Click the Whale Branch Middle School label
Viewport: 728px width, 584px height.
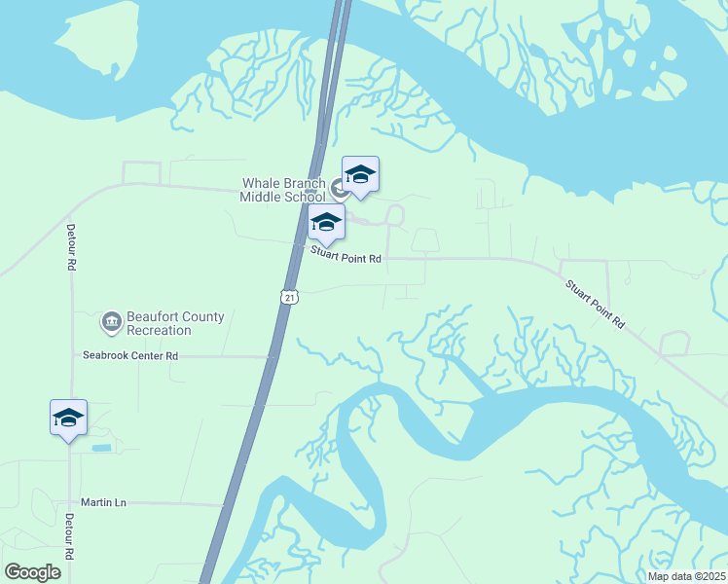pyautogui.click(x=283, y=189)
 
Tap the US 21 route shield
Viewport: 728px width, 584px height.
pyautogui.click(x=289, y=296)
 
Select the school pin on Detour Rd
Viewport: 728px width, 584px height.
pyautogui.click(x=68, y=419)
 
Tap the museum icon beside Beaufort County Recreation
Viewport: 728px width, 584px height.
pyautogui.click(x=110, y=321)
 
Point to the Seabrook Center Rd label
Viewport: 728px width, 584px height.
pyautogui.click(x=130, y=356)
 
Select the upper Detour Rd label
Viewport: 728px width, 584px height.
pyautogui.click(x=71, y=251)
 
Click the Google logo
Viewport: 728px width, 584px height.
pyautogui.click(x=32, y=571)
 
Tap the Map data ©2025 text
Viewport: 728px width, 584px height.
pyautogui.click(x=685, y=576)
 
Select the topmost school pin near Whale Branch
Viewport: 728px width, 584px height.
pyautogui.click(x=360, y=175)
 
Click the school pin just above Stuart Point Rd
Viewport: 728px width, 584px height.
pyautogui.click(x=326, y=223)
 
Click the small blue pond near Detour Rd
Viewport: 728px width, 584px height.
pyautogui.click(x=101, y=448)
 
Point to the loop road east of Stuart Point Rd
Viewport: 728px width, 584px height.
pyautogui.click(x=673, y=344)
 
